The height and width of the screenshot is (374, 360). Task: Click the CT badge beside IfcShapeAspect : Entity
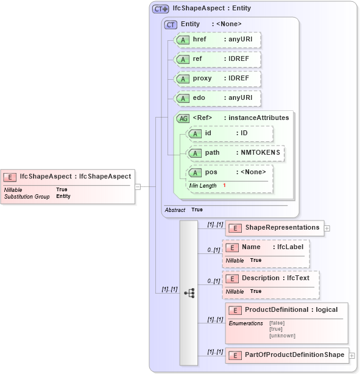point(161,9)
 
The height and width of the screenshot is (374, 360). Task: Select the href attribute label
point(199,39)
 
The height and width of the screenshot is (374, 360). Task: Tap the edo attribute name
point(199,97)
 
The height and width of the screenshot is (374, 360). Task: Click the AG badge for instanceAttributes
point(183,118)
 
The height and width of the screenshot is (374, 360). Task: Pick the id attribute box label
point(208,133)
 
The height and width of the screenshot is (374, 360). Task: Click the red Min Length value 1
point(224,185)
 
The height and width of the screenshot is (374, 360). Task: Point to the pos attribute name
point(211,172)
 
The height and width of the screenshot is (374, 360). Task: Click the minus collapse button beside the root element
point(138,186)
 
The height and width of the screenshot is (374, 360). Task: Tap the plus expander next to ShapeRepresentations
point(327,228)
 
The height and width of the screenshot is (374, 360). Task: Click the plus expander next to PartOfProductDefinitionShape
point(351,355)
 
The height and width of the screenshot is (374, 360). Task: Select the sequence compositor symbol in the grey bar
point(189,293)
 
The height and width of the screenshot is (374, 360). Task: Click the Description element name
point(261,278)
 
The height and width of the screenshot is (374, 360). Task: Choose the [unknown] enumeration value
point(282,336)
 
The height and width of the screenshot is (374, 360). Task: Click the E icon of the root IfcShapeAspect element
point(10,177)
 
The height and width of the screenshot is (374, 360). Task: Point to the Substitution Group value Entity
point(63,196)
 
